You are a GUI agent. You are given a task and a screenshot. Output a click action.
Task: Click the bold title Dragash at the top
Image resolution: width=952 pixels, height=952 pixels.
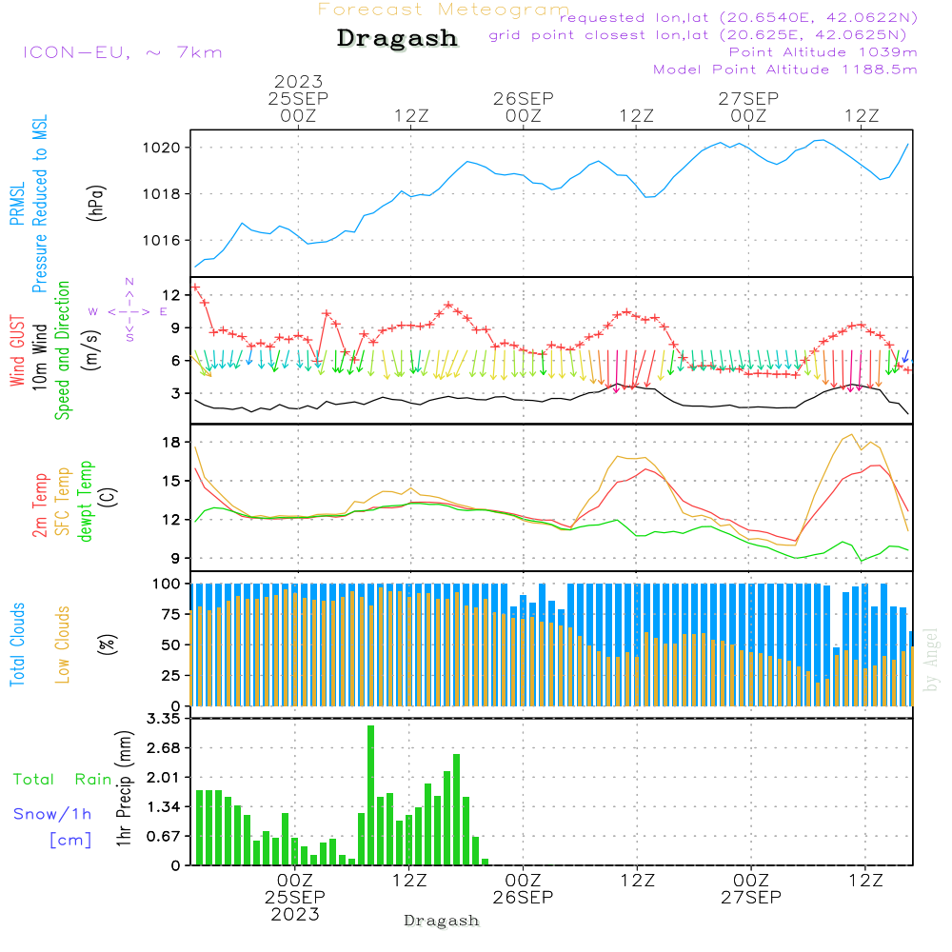click(x=397, y=38)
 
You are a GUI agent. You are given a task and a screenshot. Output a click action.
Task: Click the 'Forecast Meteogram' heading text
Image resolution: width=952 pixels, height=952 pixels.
click(x=444, y=10)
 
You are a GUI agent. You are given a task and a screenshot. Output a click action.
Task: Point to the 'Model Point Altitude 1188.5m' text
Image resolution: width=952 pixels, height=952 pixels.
click(x=785, y=69)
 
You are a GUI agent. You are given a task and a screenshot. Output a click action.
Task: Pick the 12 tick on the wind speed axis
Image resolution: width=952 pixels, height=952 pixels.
click(x=171, y=294)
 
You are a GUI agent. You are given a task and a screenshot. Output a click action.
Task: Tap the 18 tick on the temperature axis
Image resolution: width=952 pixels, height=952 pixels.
click(x=171, y=442)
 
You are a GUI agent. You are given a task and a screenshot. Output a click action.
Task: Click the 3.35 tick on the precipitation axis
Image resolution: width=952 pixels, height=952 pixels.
click(x=165, y=718)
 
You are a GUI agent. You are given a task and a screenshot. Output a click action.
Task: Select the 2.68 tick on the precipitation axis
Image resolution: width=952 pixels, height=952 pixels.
click(x=165, y=747)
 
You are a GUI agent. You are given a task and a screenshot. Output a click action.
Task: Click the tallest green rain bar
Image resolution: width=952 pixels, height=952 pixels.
click(x=370, y=795)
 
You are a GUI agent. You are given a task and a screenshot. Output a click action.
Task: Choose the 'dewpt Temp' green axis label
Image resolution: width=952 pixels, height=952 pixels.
click(x=86, y=502)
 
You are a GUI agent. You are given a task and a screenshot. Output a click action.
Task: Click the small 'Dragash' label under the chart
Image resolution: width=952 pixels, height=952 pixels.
click(x=441, y=922)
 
